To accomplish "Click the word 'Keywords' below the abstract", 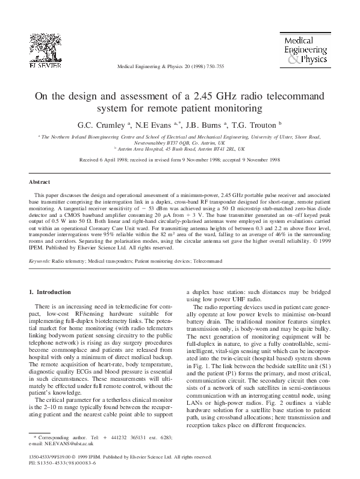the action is pyautogui.click(x=40, y=261).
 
